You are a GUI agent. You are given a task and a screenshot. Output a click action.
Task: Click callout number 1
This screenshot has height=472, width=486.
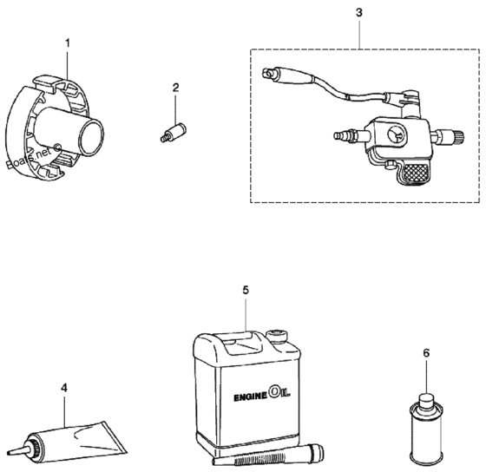[68, 43]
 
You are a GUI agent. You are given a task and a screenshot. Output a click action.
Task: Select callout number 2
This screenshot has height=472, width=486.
[175, 88]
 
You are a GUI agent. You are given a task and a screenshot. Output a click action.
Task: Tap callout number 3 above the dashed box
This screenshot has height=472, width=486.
[359, 13]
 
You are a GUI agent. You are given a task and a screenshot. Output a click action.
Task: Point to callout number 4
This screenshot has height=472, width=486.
[64, 388]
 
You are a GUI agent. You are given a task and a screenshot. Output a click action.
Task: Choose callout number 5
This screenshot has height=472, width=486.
[246, 290]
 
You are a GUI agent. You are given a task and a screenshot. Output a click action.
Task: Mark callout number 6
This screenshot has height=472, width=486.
[426, 353]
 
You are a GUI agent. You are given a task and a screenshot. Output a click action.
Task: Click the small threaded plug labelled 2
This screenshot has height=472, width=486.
[174, 133]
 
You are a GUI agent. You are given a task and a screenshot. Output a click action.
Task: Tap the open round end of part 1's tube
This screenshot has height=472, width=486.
[91, 137]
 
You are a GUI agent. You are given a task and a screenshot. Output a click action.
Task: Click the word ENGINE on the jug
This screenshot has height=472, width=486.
[250, 397]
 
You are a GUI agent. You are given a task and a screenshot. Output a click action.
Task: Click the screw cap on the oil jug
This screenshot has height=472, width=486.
[279, 337]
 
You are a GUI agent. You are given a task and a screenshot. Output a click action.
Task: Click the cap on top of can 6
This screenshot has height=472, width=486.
[426, 399]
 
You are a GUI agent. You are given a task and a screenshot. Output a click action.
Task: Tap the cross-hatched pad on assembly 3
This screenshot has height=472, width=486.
[416, 172]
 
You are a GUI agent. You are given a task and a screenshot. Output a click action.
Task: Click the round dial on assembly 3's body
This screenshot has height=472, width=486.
[396, 135]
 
